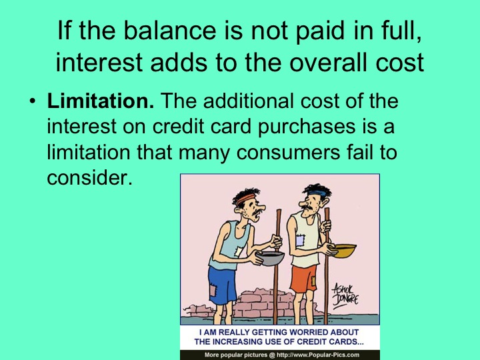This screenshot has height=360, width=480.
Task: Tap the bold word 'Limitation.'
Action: [100, 103]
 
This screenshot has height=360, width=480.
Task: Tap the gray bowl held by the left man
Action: [270, 257]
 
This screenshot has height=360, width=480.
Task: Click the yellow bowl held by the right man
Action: [343, 250]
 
